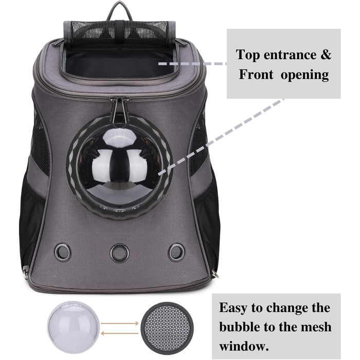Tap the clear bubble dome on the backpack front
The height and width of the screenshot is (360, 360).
tap(119, 166)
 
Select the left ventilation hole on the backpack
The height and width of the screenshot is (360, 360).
tap(63, 253)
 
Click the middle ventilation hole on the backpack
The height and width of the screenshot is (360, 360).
tap(119, 253)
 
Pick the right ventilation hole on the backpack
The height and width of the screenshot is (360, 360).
tap(176, 253)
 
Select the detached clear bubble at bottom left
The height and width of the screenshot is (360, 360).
tap(74, 328)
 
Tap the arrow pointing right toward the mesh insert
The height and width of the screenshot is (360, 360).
tap(120, 323)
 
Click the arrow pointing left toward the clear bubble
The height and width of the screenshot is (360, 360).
tap(120, 333)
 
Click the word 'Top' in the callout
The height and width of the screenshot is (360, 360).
tap(248, 56)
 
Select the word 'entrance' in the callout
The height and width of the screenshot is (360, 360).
tap(290, 56)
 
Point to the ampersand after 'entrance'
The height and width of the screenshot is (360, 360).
tap(326, 55)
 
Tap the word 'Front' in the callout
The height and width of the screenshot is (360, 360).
tap(256, 75)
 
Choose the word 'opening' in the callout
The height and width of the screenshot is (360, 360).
tap(305, 76)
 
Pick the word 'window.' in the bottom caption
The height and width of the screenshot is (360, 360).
tap(244, 346)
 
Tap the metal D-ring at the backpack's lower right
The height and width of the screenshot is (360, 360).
tap(215, 274)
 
